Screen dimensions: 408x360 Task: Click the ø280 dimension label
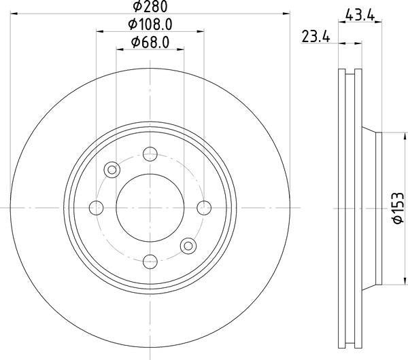150,6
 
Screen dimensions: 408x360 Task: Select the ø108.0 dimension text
150,24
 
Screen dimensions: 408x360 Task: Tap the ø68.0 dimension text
150,42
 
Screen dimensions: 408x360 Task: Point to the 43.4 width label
360,15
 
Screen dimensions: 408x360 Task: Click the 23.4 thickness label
316,36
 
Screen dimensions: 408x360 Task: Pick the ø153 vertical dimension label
398,208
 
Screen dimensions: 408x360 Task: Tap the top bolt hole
150,154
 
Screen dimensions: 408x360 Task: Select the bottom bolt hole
150,262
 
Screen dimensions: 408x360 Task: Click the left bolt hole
97,208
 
